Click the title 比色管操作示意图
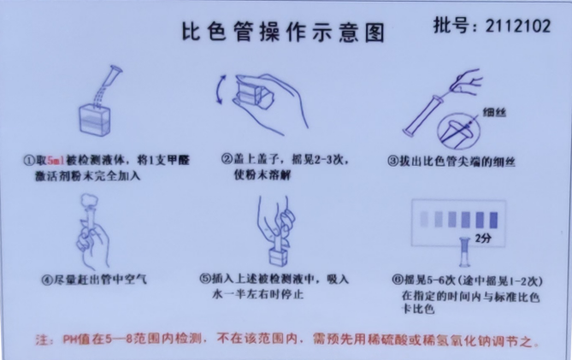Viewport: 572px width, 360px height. click(x=283, y=32)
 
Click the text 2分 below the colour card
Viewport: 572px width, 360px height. click(x=484, y=237)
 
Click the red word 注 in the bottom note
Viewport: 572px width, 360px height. click(x=39, y=340)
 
